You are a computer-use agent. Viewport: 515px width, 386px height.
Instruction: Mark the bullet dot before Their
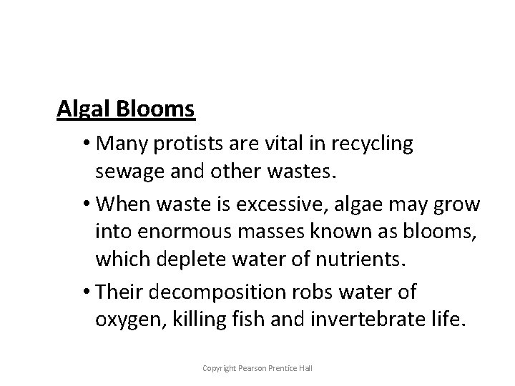point(87,292)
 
